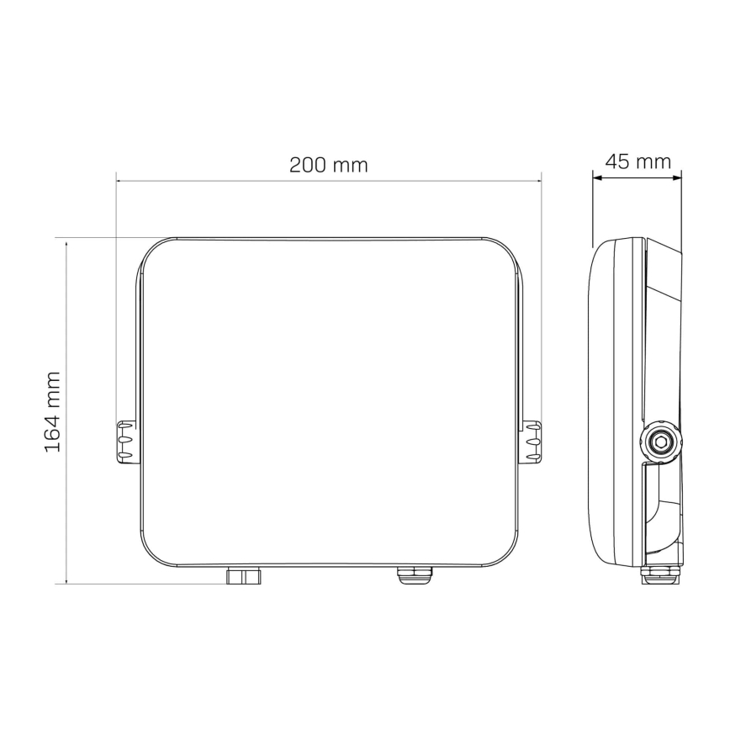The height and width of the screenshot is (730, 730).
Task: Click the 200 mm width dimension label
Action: (x=329, y=165)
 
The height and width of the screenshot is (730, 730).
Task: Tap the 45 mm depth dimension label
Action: (x=637, y=161)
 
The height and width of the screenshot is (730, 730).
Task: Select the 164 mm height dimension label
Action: (x=53, y=410)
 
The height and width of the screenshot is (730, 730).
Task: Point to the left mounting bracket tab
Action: (x=124, y=440)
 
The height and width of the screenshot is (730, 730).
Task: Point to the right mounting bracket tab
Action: (x=532, y=440)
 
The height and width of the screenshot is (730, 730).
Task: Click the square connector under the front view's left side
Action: (x=242, y=575)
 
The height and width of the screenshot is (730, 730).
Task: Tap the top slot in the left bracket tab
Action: (x=124, y=427)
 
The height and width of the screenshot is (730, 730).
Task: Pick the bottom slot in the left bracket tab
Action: (x=124, y=455)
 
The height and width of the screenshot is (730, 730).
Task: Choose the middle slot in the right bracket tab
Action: (x=532, y=440)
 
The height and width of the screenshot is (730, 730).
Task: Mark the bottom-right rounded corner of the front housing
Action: (x=504, y=551)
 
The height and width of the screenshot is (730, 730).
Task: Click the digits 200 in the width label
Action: (x=309, y=165)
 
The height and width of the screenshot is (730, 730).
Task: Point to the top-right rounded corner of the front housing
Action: (x=503, y=252)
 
